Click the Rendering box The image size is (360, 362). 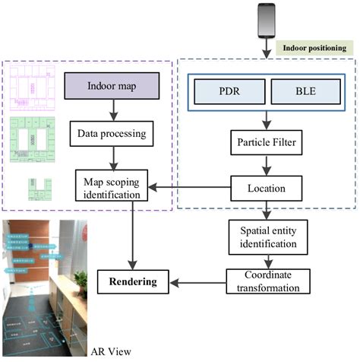click(x=131, y=281)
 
